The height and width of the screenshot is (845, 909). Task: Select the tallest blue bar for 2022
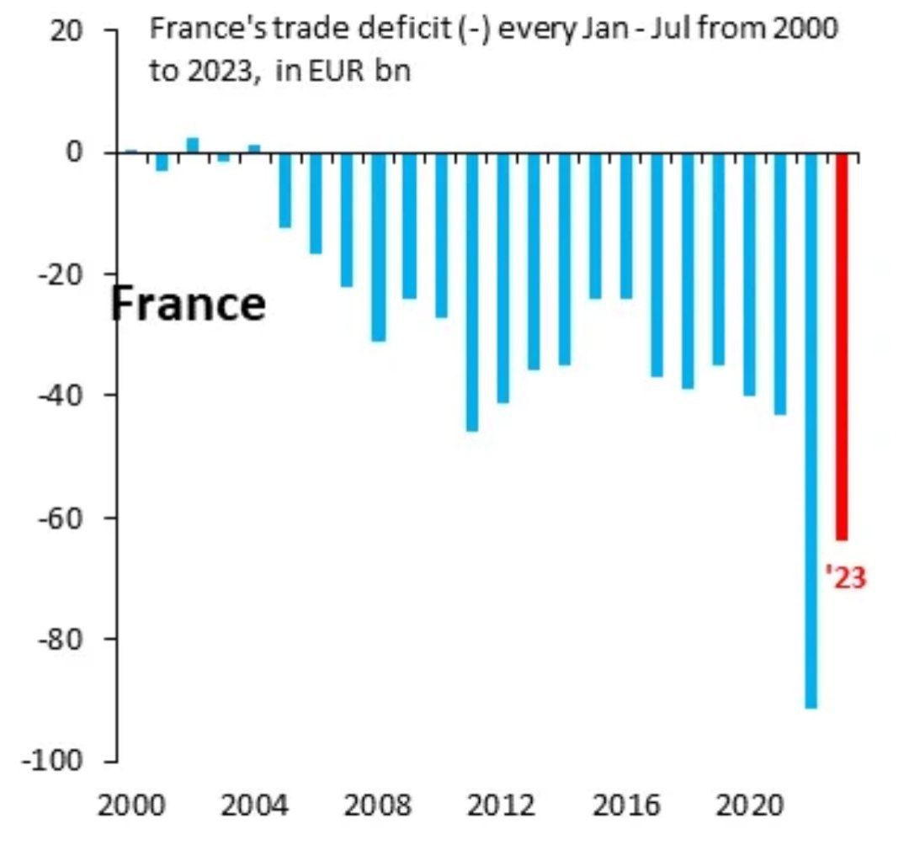coord(811,430)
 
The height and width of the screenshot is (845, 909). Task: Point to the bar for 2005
coord(285,190)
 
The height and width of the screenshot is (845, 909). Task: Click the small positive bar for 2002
coord(192,145)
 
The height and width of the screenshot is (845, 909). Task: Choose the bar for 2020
coord(749,274)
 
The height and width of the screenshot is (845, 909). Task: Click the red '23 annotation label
coord(845,577)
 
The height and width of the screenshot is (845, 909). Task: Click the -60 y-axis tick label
coord(64,517)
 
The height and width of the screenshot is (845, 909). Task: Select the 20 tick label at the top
coord(67,31)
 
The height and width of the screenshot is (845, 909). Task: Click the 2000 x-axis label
coord(130,806)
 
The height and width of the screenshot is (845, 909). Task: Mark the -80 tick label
coord(64,639)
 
